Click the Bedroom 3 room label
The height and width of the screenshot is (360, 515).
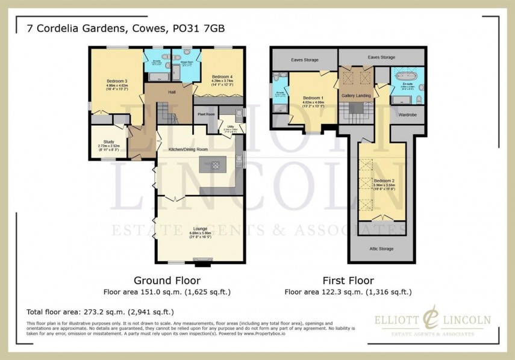116,81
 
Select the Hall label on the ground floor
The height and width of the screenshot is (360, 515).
172,92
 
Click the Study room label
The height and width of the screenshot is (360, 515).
109,141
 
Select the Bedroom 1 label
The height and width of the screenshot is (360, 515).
313,98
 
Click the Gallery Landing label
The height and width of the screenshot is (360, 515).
356,96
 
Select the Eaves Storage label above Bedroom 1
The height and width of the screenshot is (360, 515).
304,60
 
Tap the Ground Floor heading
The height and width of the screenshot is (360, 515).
167,281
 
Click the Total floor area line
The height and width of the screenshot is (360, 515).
101,312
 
